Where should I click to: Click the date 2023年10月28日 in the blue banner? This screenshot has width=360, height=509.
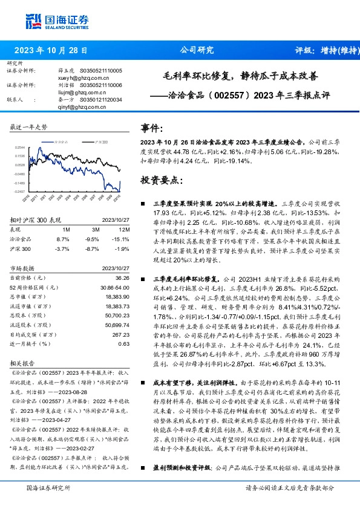(x=50, y=51)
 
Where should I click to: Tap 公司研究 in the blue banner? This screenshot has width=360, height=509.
(x=197, y=51)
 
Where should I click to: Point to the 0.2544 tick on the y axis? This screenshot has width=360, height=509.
(x=19, y=147)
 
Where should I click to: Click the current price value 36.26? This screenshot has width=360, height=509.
(x=123, y=277)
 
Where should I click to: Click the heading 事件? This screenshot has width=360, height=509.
(x=152, y=129)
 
